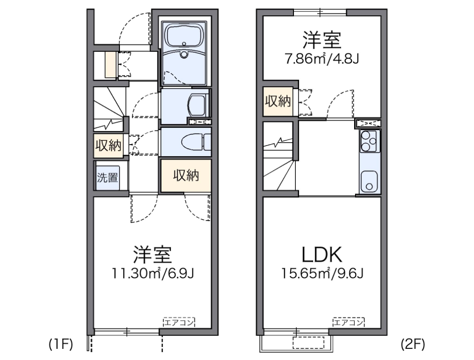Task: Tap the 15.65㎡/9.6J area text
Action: click(322, 274)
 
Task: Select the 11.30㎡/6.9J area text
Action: click(152, 274)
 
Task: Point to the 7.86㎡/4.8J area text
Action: click(322, 59)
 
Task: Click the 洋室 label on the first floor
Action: click(152, 254)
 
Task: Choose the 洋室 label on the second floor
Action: click(322, 40)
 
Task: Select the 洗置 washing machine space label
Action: click(107, 177)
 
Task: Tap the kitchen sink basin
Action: click(369, 183)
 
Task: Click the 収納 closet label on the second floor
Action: click(278, 101)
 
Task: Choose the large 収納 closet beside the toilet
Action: click(186, 176)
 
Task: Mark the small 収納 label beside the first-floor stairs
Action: click(108, 146)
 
